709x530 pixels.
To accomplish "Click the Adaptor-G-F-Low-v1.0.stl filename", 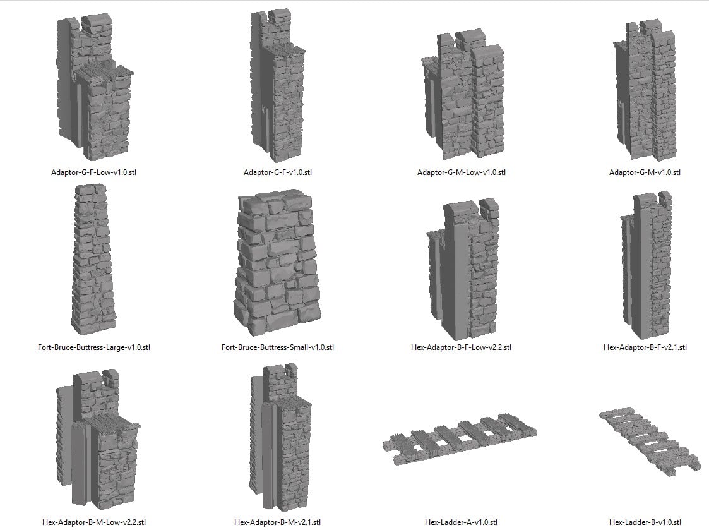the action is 93,172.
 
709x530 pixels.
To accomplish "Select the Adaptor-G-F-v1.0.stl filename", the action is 278,172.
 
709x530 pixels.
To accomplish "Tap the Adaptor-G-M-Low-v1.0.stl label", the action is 462,172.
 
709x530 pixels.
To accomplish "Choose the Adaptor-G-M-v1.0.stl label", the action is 645,172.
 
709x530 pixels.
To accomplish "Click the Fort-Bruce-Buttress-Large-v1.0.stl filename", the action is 94,347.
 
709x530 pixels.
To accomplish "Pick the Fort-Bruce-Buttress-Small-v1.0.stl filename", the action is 278,347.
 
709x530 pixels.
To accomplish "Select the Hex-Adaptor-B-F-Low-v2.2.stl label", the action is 462,347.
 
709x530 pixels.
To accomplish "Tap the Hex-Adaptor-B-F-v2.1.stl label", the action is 645,347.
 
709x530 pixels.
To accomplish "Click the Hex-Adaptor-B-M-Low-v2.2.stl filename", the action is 94,522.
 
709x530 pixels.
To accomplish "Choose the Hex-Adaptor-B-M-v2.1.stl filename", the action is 278,522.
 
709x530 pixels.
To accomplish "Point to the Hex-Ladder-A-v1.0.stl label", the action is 462,522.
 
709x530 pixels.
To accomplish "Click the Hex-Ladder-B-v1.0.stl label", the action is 645,522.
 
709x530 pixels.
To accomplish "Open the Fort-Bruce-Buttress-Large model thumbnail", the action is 93,260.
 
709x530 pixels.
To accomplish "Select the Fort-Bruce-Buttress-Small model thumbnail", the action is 277,263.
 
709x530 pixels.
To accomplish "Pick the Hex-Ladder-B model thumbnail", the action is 645,442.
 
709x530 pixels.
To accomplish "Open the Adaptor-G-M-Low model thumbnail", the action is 463,95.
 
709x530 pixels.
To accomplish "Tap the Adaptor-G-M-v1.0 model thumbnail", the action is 645,90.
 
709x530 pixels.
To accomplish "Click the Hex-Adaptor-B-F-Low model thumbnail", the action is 463,269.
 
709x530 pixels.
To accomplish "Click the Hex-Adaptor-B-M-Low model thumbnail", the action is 97,440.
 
